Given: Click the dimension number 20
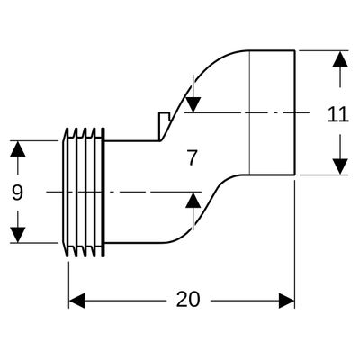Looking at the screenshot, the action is click(x=187, y=299).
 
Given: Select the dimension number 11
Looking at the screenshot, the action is click(x=338, y=114).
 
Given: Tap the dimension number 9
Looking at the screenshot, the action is click(x=17, y=193).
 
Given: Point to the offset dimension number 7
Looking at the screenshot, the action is click(x=192, y=157).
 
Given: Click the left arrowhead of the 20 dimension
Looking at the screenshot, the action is click(x=76, y=301).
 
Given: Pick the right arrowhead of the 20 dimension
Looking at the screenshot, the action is click(x=287, y=301).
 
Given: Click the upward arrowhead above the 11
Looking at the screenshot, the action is click(x=340, y=58).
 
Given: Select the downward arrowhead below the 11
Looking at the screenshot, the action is click(x=340, y=166).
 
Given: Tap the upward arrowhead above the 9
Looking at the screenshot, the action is click(x=18, y=148).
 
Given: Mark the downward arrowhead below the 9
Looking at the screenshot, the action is click(x=18, y=235).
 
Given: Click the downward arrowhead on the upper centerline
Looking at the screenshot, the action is click(x=193, y=105).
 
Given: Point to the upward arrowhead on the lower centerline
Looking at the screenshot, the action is click(x=193, y=200).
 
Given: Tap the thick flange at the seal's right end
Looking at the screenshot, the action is click(x=103, y=192).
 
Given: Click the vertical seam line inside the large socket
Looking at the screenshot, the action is click(x=250, y=112).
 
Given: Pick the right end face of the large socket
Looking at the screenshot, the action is click(x=295, y=112).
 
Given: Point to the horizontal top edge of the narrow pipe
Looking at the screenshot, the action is click(x=132, y=140).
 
